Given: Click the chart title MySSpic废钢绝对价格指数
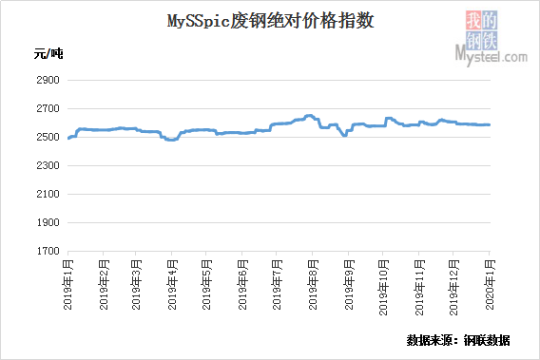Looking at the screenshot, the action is [271, 21].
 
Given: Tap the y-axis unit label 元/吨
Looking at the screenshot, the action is [48, 54].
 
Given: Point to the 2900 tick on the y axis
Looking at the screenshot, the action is [48, 80].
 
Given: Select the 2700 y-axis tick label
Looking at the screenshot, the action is [48, 108].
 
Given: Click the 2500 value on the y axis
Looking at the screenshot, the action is [48, 137].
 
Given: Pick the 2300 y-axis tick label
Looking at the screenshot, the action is [48, 165].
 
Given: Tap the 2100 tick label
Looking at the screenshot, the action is [48, 194].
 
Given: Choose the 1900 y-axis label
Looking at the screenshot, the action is [48, 222].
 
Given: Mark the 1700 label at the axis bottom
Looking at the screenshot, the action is [48, 251].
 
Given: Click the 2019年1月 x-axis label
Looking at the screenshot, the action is [68, 285].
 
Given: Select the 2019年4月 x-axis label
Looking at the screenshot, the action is [172, 285].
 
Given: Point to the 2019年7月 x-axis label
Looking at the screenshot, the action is [277, 285].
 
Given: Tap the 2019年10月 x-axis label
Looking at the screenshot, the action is [383, 288].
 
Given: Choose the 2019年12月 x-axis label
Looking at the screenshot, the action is [453, 288].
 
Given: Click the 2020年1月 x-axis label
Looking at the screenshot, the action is [490, 285].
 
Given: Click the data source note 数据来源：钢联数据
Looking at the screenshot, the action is [458, 340].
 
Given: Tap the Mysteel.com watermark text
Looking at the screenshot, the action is [492, 56].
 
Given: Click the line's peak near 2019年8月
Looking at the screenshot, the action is [309, 116].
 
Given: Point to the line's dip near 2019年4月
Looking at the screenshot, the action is [171, 140].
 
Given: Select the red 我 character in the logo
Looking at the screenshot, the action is [473, 20].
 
